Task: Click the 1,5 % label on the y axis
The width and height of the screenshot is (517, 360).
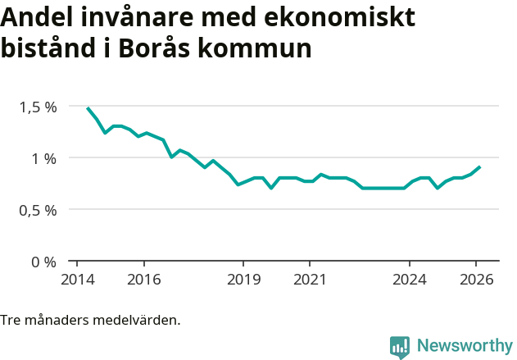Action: tap(39, 107)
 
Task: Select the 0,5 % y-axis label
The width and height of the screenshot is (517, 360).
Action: tap(39, 210)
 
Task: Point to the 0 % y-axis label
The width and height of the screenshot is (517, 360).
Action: tap(44, 262)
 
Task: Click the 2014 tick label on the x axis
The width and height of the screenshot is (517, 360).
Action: tap(77, 279)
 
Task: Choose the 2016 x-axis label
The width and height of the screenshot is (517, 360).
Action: tap(143, 279)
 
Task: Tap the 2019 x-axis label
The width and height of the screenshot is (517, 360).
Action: tap(243, 279)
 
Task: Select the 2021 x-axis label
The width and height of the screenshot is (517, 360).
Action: tap(310, 279)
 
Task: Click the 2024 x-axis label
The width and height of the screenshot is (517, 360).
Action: tap(410, 279)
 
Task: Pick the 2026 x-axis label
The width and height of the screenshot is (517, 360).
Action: tap(476, 279)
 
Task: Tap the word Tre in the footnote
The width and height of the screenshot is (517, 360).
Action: tap(11, 320)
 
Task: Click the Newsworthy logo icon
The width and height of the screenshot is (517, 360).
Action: tap(400, 346)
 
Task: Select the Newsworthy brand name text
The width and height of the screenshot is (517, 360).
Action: tap(464, 346)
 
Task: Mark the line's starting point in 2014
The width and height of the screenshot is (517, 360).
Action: tap(88, 107)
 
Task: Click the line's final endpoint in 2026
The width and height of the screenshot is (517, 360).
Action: tap(480, 166)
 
